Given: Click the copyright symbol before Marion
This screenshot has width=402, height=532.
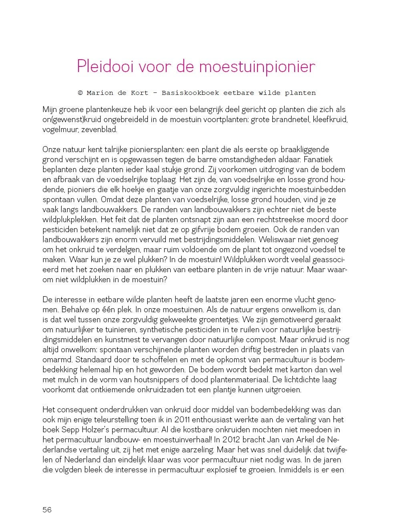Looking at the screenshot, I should (80, 93).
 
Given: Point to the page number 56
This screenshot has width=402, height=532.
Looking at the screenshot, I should (47, 510).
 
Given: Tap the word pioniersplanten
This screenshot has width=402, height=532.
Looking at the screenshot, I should (129, 150).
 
